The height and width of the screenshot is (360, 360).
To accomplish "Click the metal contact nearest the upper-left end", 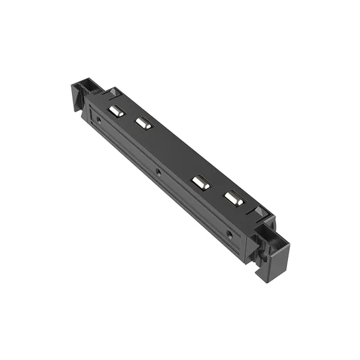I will click(116, 111).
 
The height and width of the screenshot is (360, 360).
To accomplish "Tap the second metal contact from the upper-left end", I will click(143, 124).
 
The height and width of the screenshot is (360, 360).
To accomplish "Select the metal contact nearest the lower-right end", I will click(233, 199).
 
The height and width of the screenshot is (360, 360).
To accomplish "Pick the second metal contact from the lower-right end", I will click(201, 183).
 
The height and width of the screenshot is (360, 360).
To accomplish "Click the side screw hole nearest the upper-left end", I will click(98, 119).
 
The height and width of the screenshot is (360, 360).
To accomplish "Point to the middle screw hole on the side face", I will click(158, 172).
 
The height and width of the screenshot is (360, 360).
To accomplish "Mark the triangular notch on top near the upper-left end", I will click(112, 93).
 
